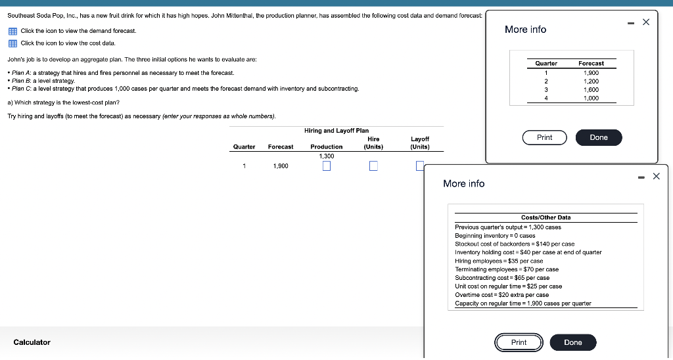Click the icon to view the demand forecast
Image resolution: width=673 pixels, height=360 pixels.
pyautogui.click(x=13, y=32)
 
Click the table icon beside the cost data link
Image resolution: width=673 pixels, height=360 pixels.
pyautogui.click(x=13, y=43)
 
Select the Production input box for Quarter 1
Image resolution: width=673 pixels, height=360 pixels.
pyautogui.click(x=327, y=166)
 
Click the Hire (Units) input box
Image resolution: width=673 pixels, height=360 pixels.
pyautogui.click(x=373, y=166)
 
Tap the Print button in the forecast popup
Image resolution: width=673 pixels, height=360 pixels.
pyautogui.click(x=545, y=137)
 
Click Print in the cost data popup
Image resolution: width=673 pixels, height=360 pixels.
pyautogui.click(x=519, y=342)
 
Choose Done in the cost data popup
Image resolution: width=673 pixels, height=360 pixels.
pyautogui.click(x=573, y=342)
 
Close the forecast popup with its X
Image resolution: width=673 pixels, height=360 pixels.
pyautogui.click(x=646, y=22)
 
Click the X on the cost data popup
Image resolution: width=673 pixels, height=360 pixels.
pyautogui.click(x=657, y=176)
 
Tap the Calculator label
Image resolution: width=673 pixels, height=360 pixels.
pyautogui.click(x=32, y=342)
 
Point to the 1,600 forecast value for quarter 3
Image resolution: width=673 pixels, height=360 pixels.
pyautogui.click(x=591, y=90)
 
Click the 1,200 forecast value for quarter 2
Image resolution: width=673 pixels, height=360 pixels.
pyautogui.click(x=591, y=81)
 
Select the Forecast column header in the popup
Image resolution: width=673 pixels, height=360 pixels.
pyautogui.click(x=591, y=64)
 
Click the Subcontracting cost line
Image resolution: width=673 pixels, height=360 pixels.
pyautogui.click(x=502, y=278)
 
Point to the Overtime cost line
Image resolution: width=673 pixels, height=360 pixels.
pyautogui.click(x=501, y=295)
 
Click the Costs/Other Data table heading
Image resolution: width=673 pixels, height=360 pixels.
pyautogui.click(x=546, y=217)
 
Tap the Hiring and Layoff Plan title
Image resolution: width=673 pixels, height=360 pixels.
pyautogui.click(x=336, y=131)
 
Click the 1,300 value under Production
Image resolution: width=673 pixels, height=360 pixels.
pyautogui.click(x=327, y=156)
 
